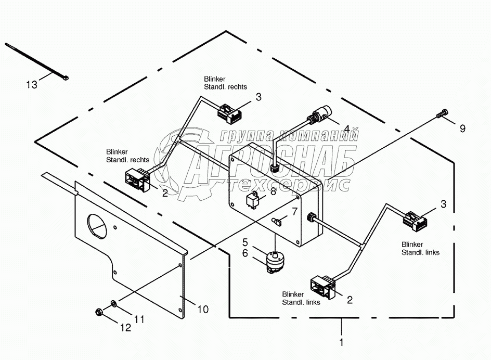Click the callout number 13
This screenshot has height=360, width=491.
click(32, 84)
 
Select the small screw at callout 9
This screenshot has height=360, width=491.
click(442, 113)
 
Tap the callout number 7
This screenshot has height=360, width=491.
click(294, 211)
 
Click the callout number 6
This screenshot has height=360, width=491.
click(244, 253)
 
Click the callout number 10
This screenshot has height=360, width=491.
click(203, 309)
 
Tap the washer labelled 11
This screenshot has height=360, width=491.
click(114, 303)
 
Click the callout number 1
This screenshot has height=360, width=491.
click(341, 343)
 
